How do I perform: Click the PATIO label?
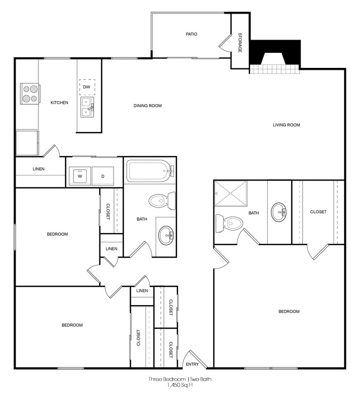191,34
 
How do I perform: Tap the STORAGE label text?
240,42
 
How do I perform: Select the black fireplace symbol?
275,52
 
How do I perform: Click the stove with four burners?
30,93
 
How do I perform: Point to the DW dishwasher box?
87,87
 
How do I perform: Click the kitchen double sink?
87,107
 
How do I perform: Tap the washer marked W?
80,176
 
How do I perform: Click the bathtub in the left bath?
149,171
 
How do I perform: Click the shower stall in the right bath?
231,193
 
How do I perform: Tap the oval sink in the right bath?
279,212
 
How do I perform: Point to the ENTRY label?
192,364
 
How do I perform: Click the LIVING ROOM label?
286,125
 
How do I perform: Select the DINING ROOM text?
147,106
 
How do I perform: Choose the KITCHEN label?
59,102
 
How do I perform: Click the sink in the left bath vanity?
166,235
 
